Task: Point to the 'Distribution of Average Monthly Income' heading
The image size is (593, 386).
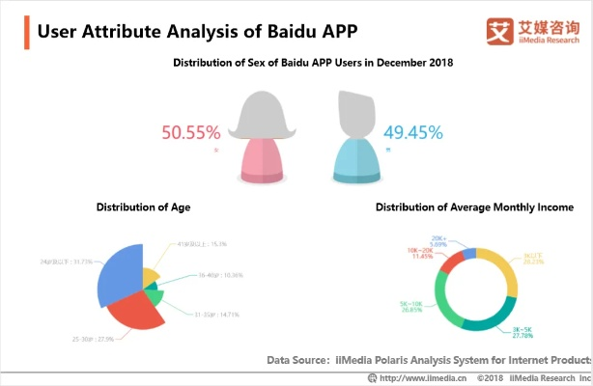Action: coord(474,207)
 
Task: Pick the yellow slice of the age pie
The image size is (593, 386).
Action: coord(151,278)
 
